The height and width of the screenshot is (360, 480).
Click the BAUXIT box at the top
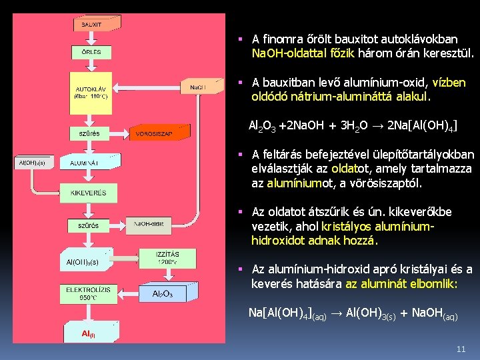click(92, 24)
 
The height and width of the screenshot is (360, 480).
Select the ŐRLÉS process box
click(92, 52)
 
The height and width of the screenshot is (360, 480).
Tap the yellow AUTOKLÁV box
click(91, 91)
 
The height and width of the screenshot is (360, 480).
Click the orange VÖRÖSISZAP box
click(154, 133)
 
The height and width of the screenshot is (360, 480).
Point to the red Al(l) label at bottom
click(89, 333)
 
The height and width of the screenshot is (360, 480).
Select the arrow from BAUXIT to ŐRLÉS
click(91, 38)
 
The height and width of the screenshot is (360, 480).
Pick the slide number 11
click(461, 349)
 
